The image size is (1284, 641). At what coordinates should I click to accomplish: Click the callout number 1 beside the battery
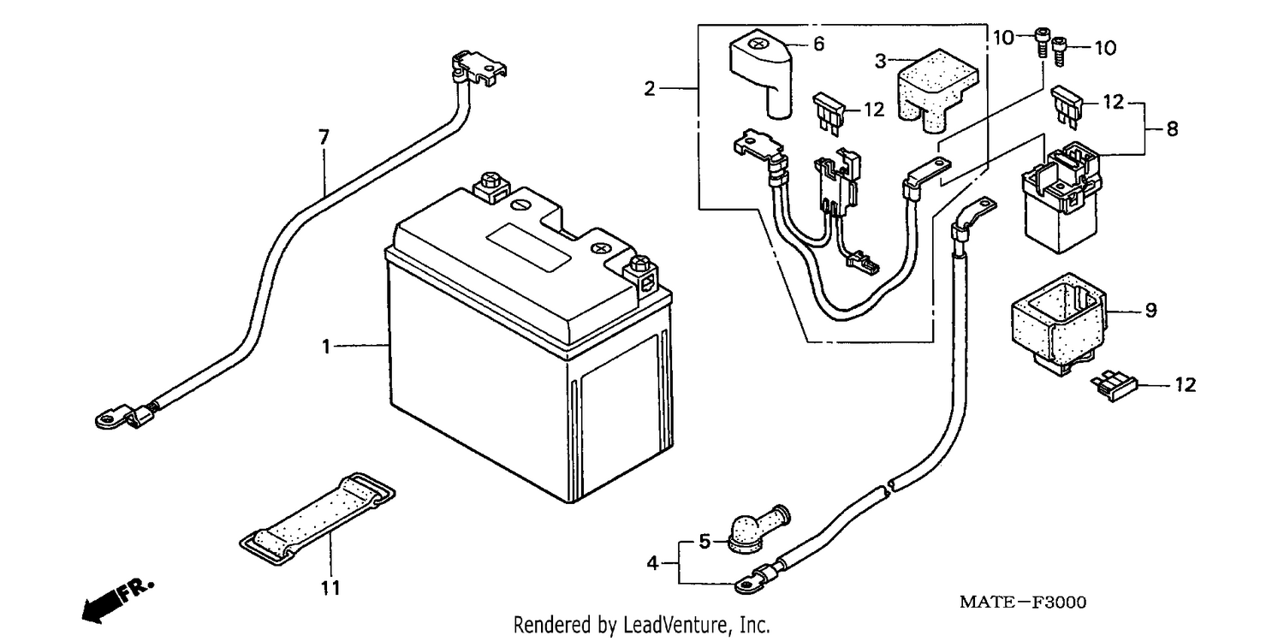pos(326,347)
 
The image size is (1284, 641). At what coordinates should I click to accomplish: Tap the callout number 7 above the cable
pos(324,138)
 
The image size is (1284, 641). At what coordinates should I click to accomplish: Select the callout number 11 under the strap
pos(330,588)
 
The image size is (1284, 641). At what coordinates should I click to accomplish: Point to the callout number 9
pos(1150,311)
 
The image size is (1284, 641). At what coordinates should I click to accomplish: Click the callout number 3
pos(881,62)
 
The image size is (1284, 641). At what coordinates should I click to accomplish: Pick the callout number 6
pos(818,44)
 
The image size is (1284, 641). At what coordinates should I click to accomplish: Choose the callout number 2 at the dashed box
pos(649,89)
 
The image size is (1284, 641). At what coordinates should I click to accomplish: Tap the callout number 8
pos(1172,129)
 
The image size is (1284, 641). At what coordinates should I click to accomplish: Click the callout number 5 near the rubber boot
pos(704,542)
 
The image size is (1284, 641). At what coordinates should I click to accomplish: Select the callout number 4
pos(652,564)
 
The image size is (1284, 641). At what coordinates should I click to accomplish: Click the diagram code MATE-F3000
pos(1023,602)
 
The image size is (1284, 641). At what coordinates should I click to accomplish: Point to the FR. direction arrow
pos(117,602)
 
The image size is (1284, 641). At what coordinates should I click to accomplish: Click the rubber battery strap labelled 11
pos(317,519)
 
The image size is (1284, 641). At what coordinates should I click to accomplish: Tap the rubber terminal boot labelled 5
pos(758,530)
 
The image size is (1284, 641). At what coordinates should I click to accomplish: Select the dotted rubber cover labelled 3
pos(937,90)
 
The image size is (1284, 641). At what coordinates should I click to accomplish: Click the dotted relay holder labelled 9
pos(1058,324)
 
